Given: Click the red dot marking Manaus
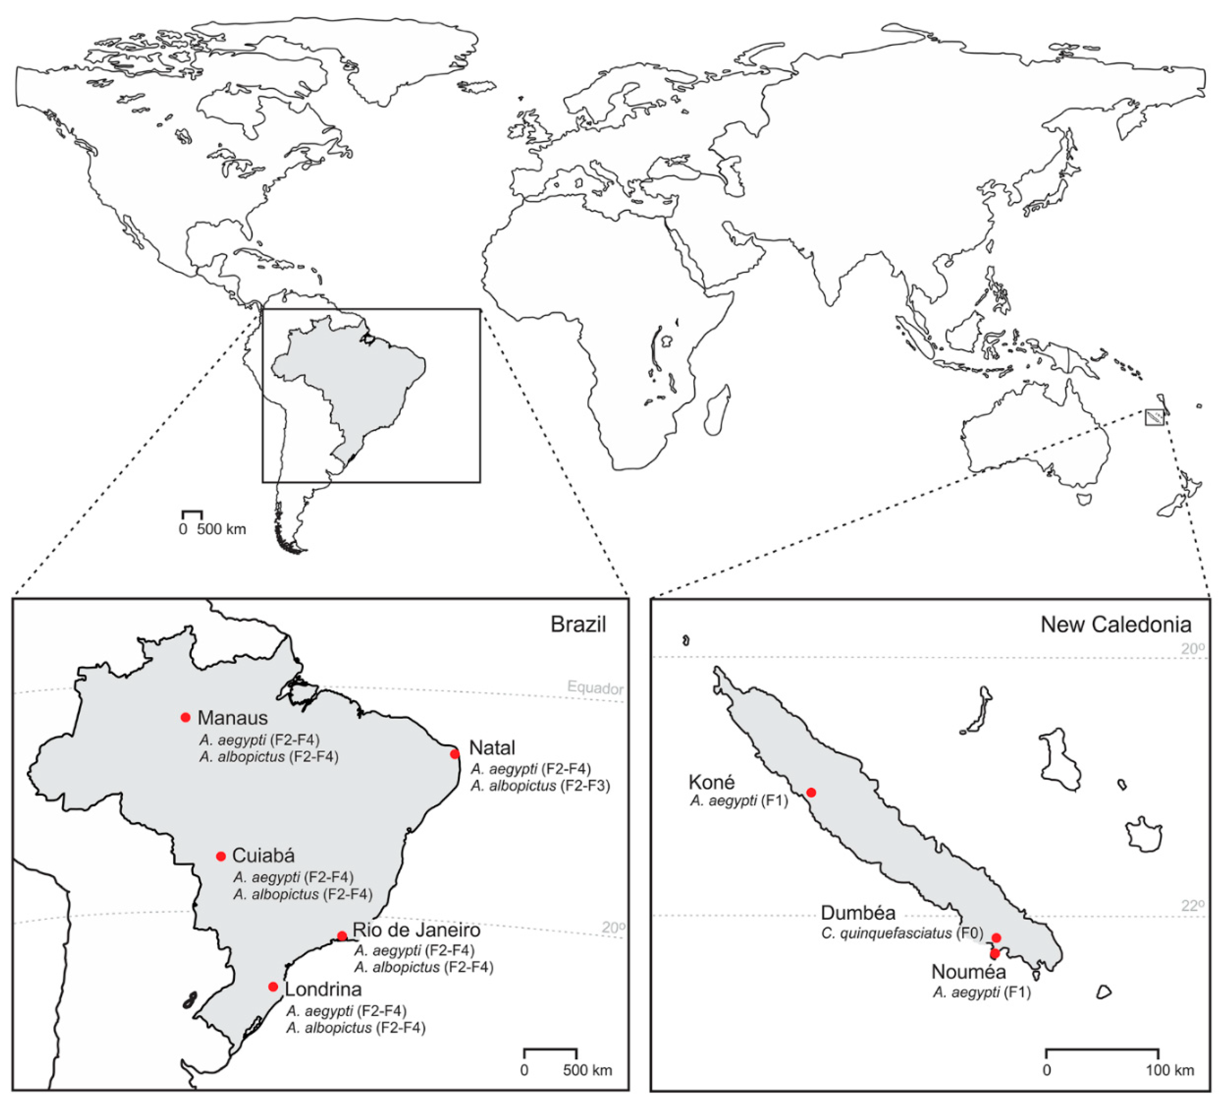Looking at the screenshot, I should click(186, 717).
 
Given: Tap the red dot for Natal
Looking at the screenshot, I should click(455, 754).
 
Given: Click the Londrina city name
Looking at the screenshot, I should click(323, 989).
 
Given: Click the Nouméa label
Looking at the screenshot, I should click(969, 972).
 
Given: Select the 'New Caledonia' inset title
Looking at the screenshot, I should click(1115, 625).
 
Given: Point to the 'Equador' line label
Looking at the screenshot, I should click(595, 688).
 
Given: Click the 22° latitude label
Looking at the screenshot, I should click(1192, 906).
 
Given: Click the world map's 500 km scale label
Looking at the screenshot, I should click(221, 529).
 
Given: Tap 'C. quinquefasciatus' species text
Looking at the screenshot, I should click(886, 933).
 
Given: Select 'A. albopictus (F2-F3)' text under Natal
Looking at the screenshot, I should click(540, 785).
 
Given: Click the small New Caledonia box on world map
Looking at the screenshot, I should click(1154, 418).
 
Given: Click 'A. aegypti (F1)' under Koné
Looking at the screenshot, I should click(738, 801).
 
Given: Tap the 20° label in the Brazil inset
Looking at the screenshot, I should click(613, 928).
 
